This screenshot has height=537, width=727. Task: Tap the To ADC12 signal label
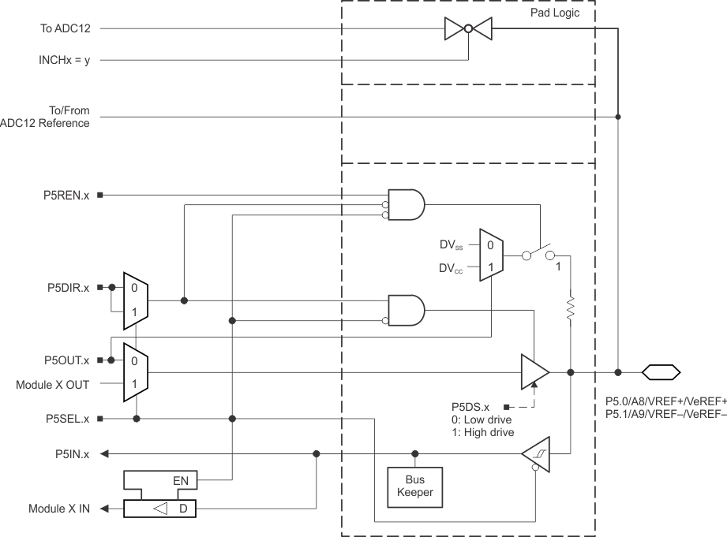66,29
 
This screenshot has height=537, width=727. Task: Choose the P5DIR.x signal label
66,287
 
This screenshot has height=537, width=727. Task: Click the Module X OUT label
53,385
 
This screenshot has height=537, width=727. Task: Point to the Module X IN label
59,509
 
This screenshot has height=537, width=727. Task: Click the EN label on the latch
181,479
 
